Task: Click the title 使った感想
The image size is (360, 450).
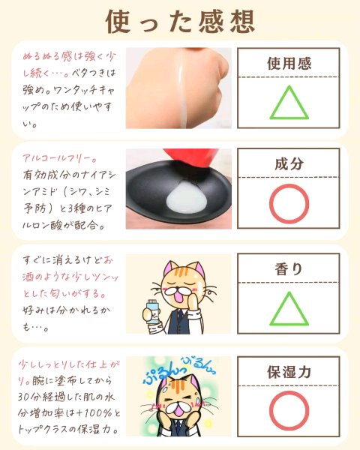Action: [x=180, y=22]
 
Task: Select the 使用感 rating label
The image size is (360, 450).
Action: [x=289, y=64]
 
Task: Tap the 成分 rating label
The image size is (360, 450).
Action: [x=289, y=163]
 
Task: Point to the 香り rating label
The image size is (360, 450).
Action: [x=289, y=269]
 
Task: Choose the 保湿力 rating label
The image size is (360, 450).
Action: [x=289, y=372]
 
